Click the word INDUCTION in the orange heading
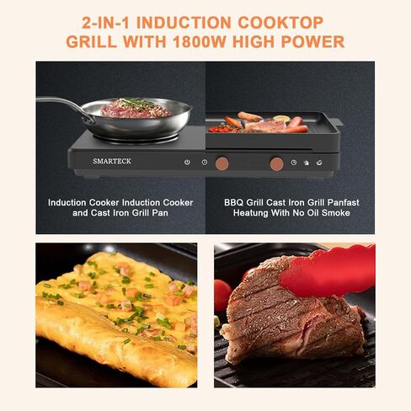pyautogui.click(x=184, y=23)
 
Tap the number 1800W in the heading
pyautogui.click(x=200, y=42)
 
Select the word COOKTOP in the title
pyautogui.click(x=280, y=23)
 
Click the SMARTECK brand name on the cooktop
pyautogui.click(x=112, y=161)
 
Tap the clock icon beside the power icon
pyautogui.click(x=205, y=162)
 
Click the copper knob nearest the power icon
pyautogui.click(x=222, y=163)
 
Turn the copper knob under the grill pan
pyautogui.click(x=276, y=164)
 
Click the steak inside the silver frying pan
pyautogui.click(x=136, y=108)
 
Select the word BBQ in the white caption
pyautogui.click(x=233, y=202)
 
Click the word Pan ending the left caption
pyautogui.click(x=160, y=213)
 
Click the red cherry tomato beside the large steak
pyautogui.click(x=222, y=295)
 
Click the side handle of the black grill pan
pyautogui.click(x=337, y=123)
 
